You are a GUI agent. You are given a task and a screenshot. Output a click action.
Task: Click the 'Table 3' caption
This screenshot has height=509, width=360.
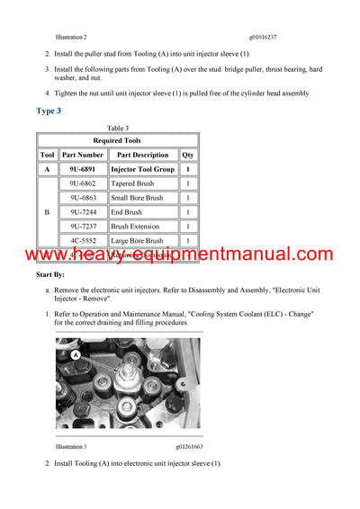pos(117,129)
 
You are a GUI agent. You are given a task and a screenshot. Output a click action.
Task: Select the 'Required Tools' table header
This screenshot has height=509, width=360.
pos(117,141)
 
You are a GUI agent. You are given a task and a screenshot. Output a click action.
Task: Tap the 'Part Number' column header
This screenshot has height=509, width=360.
pos(83,155)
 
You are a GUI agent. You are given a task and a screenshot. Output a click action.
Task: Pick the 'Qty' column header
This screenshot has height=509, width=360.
pos(187,155)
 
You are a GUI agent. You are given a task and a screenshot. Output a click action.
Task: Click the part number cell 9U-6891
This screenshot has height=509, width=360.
pos(83,169)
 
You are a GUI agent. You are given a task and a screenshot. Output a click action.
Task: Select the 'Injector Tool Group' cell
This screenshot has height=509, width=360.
pos(142,169)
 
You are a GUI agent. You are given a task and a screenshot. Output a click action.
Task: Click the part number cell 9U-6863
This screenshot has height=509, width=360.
pos(83,198)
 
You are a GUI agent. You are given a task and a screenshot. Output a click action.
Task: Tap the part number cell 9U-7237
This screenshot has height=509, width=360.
pos(83,227)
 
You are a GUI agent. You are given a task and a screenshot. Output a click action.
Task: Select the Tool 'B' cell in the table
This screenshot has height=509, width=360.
pos(47,212)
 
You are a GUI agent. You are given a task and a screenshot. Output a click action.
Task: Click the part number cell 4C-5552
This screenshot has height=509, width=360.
pos(83,241)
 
